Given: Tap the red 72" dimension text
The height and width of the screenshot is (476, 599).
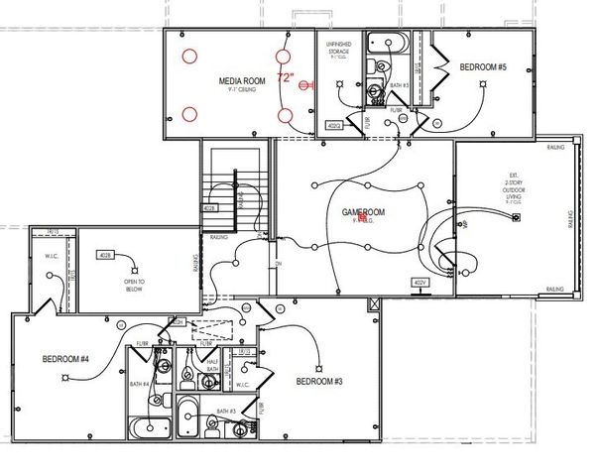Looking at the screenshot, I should click(286, 76).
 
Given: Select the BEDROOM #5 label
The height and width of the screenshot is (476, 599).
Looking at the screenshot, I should click(483, 66).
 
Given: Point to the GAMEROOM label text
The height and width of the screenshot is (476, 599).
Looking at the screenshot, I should click(362, 212).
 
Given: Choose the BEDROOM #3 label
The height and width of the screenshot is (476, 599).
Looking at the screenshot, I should click(318, 381).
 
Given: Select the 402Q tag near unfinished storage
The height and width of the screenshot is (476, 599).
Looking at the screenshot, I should click(334, 126).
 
